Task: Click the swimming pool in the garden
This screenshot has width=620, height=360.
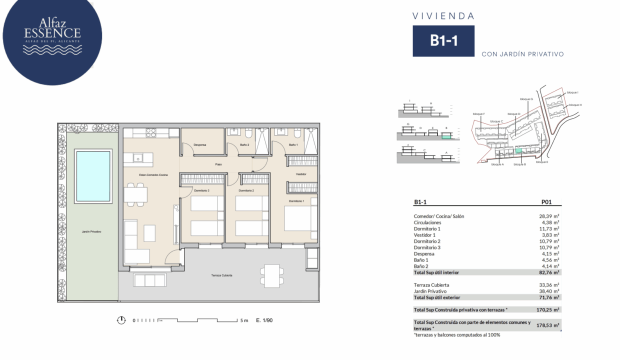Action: pyautogui.click(x=92, y=176)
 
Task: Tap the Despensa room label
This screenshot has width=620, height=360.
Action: pyautogui.click(x=200, y=145)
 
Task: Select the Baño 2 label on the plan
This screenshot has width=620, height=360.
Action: pyautogui.click(x=244, y=145)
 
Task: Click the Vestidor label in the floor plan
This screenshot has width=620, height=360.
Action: pyautogui.click(x=301, y=174)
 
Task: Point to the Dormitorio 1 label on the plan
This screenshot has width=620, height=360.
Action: pyautogui.click(x=296, y=201)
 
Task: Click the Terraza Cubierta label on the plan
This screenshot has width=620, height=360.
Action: pyautogui.click(x=221, y=275)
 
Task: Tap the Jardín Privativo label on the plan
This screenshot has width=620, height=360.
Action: pyautogui.click(x=92, y=231)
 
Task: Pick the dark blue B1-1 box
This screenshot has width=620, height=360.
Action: pyautogui.click(x=443, y=40)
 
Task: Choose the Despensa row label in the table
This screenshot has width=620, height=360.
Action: pyautogui.click(x=424, y=254)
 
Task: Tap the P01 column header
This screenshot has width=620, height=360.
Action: pyautogui.click(x=546, y=202)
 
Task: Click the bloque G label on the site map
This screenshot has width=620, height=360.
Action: pyautogui.click(x=526, y=99)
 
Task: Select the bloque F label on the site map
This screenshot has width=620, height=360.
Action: pyautogui.click(x=479, y=114)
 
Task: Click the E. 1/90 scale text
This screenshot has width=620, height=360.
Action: pyautogui.click(x=264, y=320)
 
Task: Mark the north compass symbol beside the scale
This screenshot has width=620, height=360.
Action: pyautogui.click(x=121, y=320)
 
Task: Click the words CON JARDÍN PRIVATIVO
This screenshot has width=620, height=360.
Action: pyautogui.click(x=522, y=54)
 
